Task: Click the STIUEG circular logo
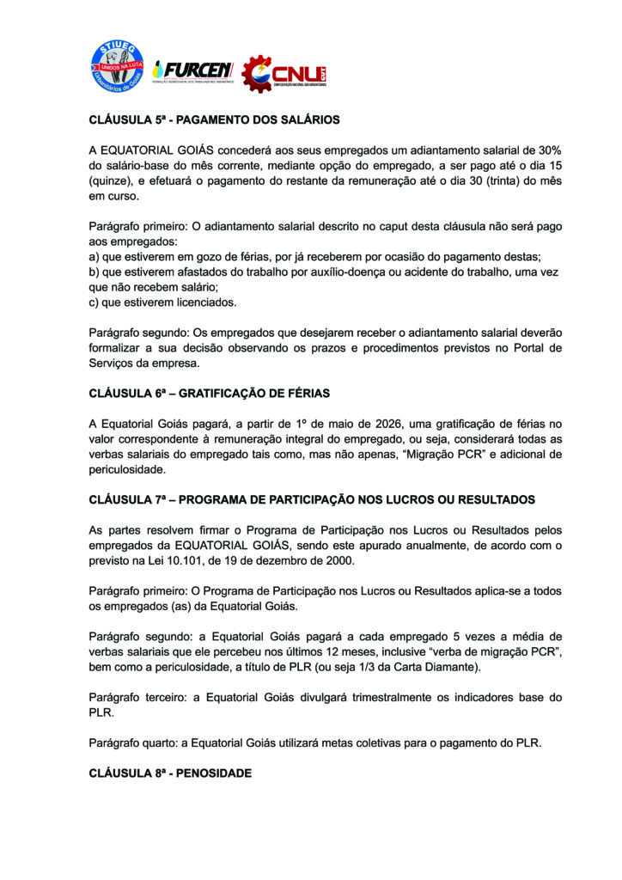click(118, 66)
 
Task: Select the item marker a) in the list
click(95, 258)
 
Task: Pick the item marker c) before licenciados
click(95, 302)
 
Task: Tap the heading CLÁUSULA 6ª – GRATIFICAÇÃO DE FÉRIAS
click(210, 393)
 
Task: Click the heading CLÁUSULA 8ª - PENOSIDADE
click(170, 773)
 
